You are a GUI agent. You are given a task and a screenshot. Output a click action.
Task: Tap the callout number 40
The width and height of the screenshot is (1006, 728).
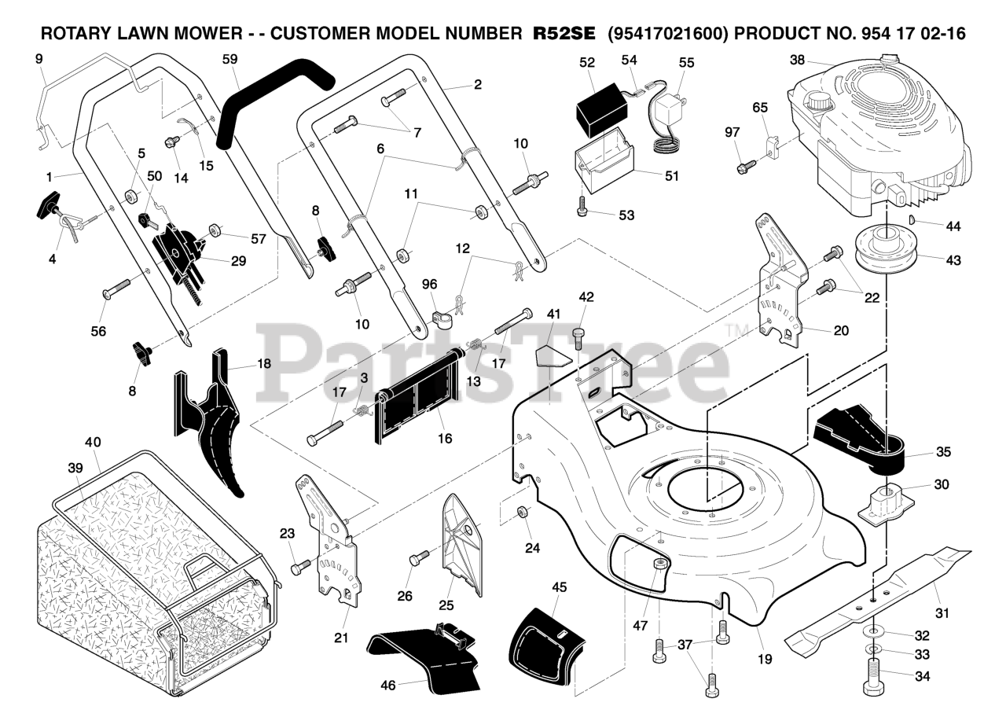click(x=93, y=442)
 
